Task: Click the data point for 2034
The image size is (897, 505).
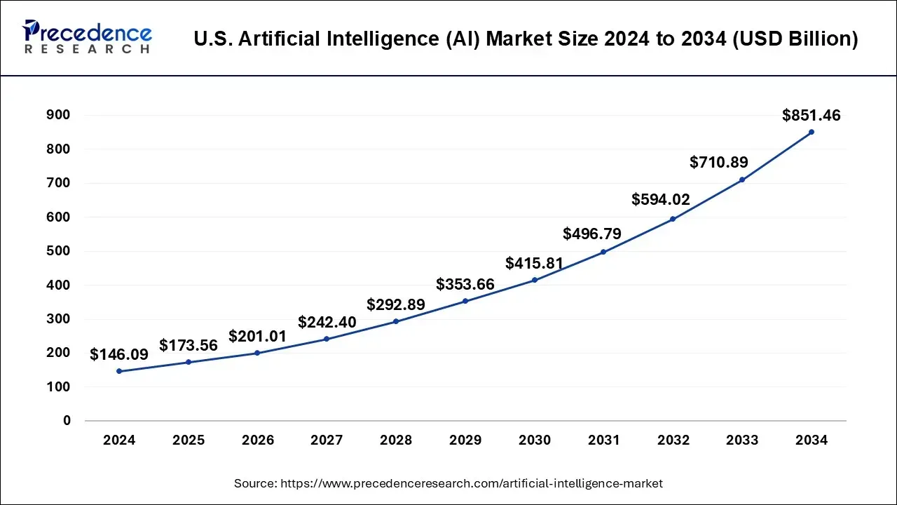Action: coord(812,132)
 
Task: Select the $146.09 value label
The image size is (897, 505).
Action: coord(119,355)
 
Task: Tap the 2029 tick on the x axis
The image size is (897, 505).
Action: coord(465,440)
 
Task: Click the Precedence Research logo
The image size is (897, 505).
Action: coord(87,38)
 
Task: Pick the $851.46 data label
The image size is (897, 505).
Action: coord(812,116)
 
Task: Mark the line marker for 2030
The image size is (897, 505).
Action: coord(535,280)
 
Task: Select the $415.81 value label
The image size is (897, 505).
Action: coord(535,264)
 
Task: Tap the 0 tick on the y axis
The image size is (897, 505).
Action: coord(67,421)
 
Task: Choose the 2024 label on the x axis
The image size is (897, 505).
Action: coord(119,440)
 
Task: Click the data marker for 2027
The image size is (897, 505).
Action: coord(327,339)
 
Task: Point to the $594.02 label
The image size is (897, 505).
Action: coord(661,199)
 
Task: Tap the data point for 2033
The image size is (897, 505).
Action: coord(742,180)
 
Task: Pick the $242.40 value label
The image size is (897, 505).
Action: coord(327,323)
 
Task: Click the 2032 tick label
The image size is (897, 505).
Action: coord(673,440)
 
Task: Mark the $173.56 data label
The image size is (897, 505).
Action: coord(189,345)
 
